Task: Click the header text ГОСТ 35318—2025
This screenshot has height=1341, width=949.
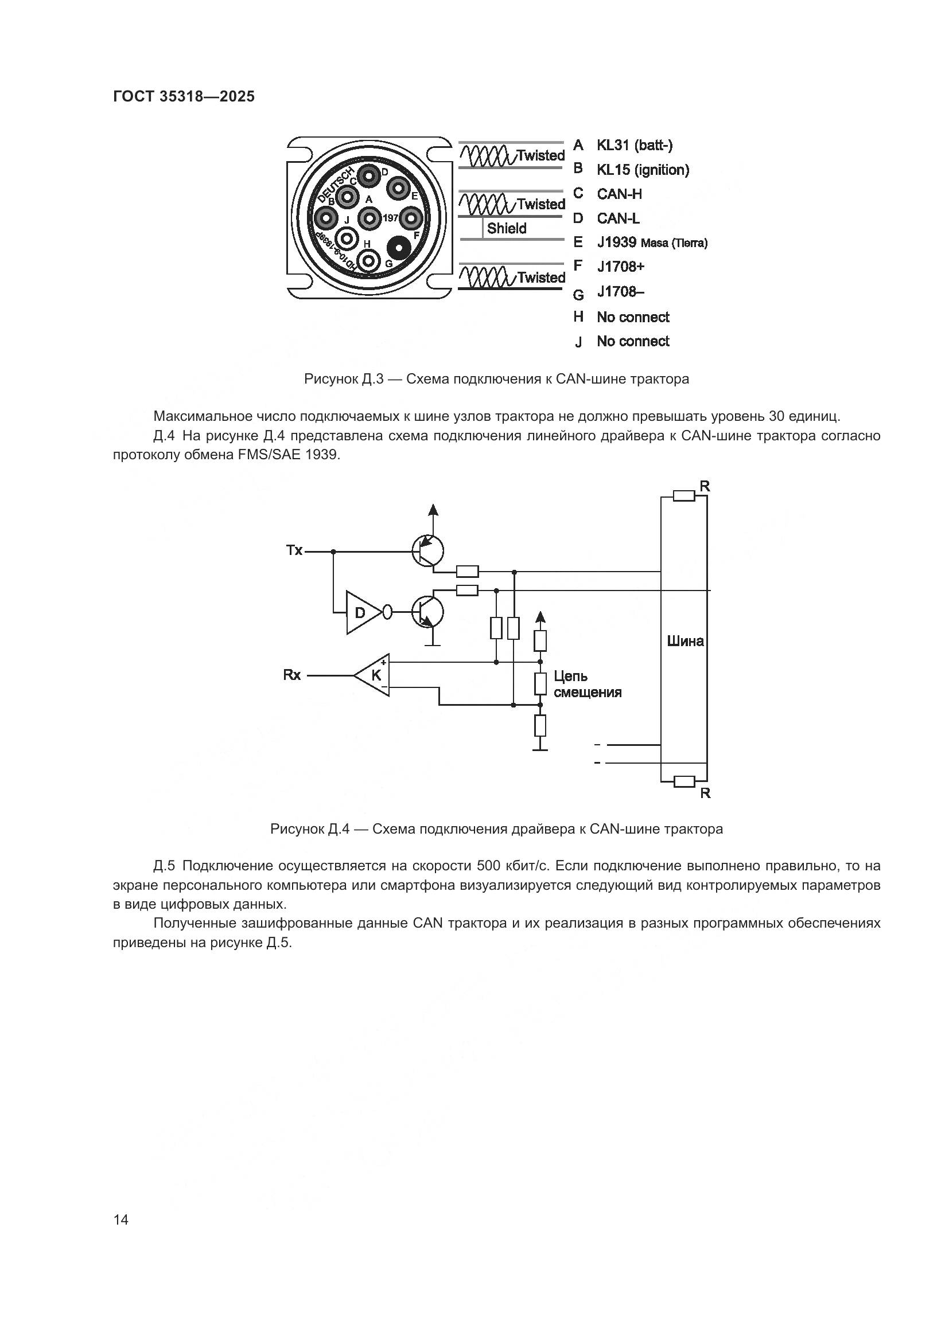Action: pyautogui.click(x=184, y=97)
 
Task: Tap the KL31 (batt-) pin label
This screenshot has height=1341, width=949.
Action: pyautogui.click(x=634, y=145)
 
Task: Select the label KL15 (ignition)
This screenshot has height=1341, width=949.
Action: pyautogui.click(x=643, y=170)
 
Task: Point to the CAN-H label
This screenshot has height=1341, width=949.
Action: pyautogui.click(x=619, y=194)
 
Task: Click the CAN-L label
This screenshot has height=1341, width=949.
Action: pyautogui.click(x=618, y=218)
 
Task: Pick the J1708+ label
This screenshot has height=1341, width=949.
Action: pyautogui.click(x=620, y=267)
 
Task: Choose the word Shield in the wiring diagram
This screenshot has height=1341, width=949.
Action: pyautogui.click(x=506, y=228)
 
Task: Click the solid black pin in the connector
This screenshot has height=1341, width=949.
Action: pyautogui.click(x=399, y=248)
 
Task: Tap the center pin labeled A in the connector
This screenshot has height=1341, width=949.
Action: pyautogui.click(x=369, y=218)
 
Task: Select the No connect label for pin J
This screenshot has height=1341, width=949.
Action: pyautogui.click(x=633, y=341)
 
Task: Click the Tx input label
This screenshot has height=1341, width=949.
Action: pyautogui.click(x=294, y=550)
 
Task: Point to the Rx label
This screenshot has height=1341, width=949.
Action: pyautogui.click(x=291, y=675)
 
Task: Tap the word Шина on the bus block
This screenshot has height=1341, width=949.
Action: pyautogui.click(x=685, y=642)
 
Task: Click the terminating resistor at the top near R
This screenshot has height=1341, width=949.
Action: pyautogui.click(x=684, y=496)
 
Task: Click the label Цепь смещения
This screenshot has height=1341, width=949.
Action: pyautogui.click(x=587, y=684)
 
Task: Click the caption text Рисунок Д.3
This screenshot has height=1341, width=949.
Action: pyautogui.click(x=343, y=379)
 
